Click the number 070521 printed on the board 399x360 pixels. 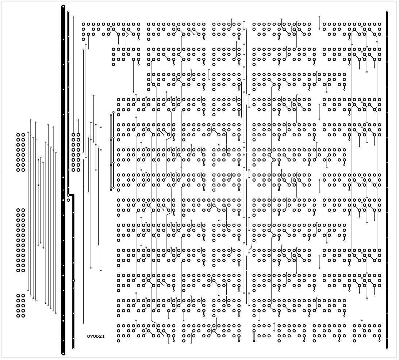click(x=96, y=336)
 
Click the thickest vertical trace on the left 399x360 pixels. click(x=64, y=180)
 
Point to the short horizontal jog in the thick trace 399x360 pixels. click(x=71, y=195)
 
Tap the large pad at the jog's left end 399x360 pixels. click(x=68, y=195)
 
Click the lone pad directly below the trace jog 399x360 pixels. click(x=68, y=200)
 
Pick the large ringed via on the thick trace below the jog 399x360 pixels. click(x=73, y=281)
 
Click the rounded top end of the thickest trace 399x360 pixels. click(x=64, y=6)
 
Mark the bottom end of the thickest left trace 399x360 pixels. click(x=64, y=354)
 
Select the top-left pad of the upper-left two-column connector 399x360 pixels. click(x=18, y=134)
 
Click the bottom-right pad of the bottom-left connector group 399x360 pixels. click(x=23, y=316)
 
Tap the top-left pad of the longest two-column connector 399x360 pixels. click(x=18, y=210)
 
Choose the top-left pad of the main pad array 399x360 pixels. click(x=83, y=24)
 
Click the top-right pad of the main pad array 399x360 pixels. click(x=379, y=24)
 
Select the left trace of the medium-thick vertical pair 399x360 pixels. click(x=111, y=152)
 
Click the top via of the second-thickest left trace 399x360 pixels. click(x=68, y=12)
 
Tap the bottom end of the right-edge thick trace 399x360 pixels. click(x=387, y=348)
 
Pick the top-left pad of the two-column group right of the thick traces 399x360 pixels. click(x=73, y=134)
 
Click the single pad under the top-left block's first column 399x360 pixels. click(x=83, y=39)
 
